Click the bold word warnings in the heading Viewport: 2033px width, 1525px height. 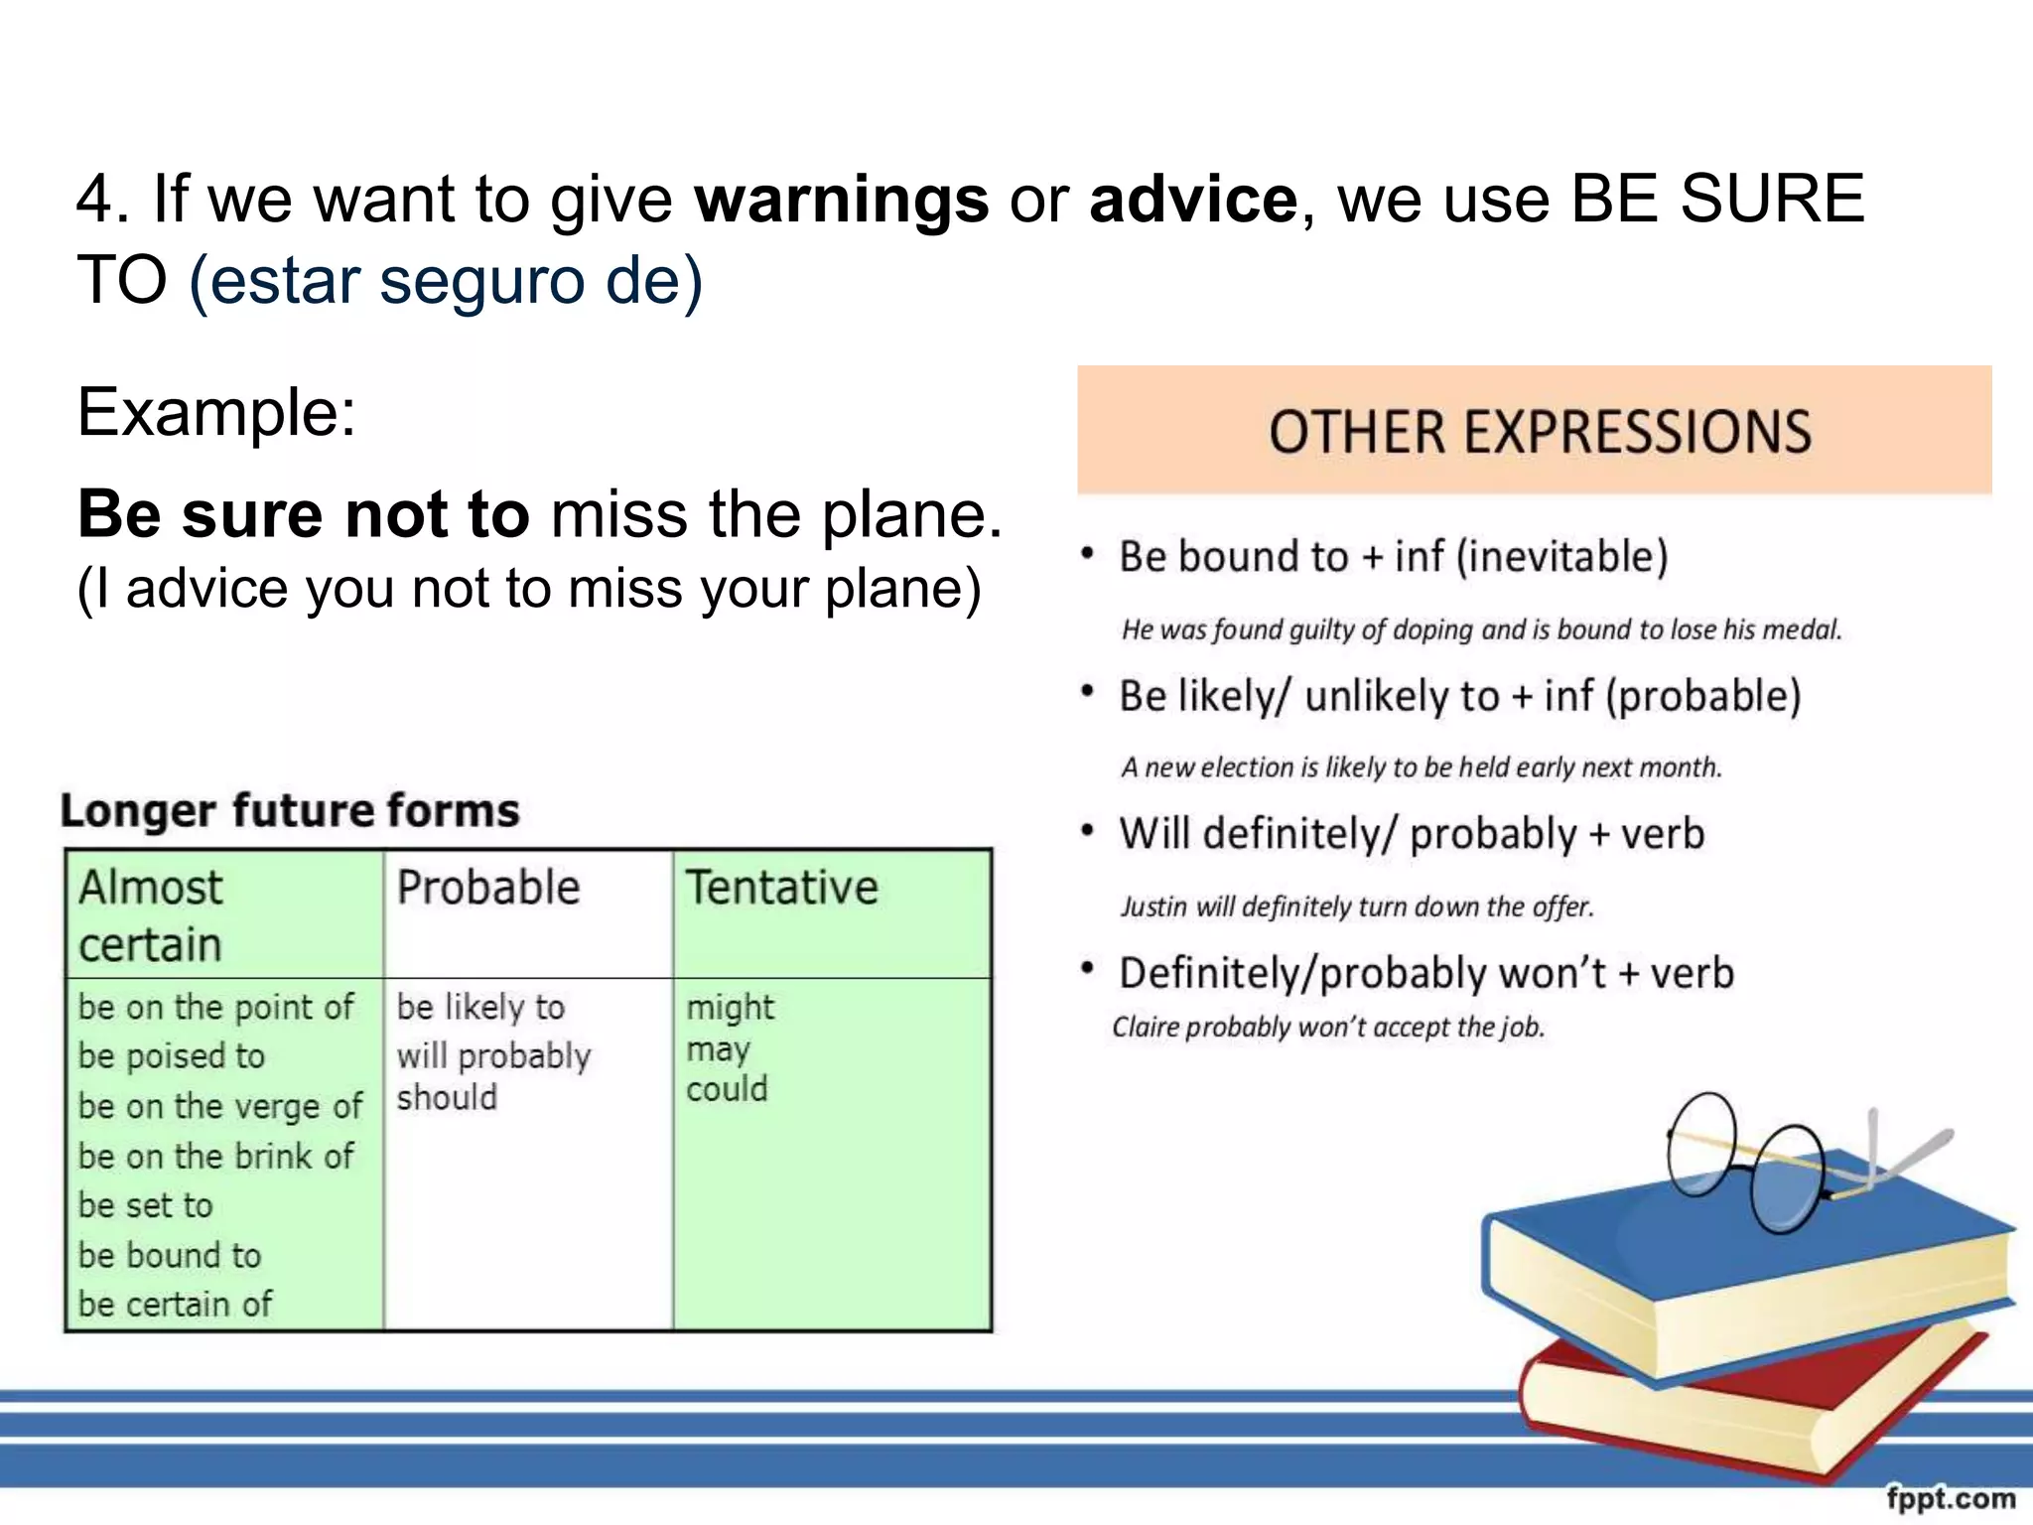(841, 200)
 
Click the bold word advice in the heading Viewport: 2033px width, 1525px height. (1193, 200)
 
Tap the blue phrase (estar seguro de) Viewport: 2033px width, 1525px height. (446, 280)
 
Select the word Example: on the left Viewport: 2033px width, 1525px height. (216, 412)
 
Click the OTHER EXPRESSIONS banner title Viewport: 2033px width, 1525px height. (1539, 432)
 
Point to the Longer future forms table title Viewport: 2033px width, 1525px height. (290, 810)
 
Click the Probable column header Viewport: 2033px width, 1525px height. (488, 887)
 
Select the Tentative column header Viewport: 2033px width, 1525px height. (782, 887)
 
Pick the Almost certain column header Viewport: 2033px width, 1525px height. (151, 915)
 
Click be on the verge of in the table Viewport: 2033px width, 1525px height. (220, 1106)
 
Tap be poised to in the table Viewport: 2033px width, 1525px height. (172, 1055)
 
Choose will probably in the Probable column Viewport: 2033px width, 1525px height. (493, 1055)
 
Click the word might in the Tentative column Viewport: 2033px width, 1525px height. (730, 1008)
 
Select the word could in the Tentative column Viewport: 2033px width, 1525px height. (727, 1089)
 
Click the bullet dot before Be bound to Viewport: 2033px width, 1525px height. (1088, 554)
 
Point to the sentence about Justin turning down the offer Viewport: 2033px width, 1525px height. (1356, 906)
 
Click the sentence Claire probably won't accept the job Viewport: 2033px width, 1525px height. (1328, 1027)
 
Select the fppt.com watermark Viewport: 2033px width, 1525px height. (1951, 1497)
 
